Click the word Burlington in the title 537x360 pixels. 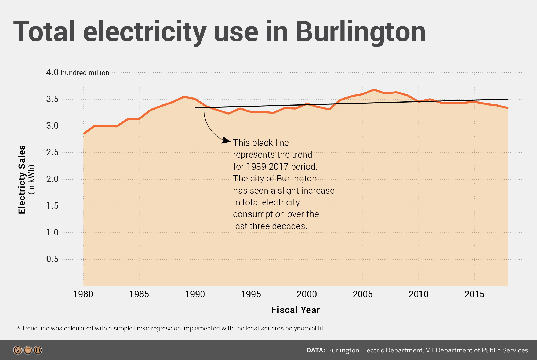(361, 32)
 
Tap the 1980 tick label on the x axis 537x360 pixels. (83, 294)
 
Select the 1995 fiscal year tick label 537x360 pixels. (251, 294)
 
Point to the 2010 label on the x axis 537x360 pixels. (419, 294)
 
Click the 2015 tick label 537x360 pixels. (474, 294)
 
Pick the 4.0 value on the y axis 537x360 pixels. (52, 72)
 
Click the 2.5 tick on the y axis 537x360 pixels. (52, 152)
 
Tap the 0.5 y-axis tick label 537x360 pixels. (52, 259)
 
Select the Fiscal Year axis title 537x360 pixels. (295, 310)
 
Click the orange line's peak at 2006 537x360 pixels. (374, 90)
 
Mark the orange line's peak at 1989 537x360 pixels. (184, 97)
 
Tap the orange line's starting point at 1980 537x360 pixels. (84, 134)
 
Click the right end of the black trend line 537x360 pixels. (508, 99)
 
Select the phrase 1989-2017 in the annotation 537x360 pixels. (267, 167)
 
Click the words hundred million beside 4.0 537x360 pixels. (85, 73)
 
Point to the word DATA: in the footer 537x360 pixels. (315, 350)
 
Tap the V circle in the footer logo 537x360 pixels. (18, 350)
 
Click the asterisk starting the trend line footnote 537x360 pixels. (19, 328)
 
